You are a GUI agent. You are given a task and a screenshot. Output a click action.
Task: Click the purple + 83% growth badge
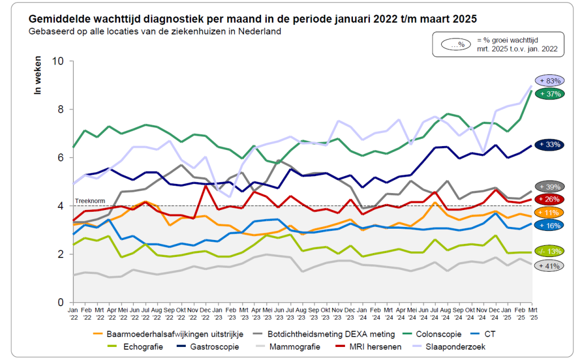point(548,81)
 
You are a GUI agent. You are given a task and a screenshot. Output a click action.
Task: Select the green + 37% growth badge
point(548,94)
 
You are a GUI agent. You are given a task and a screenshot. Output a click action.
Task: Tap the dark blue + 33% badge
point(548,144)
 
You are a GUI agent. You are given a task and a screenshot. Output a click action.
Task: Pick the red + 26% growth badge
point(548,199)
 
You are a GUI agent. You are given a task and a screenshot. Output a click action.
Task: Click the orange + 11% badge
point(548,212)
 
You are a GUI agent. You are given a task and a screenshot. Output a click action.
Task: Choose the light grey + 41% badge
point(548,265)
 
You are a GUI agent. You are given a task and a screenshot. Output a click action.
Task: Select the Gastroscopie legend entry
point(214,346)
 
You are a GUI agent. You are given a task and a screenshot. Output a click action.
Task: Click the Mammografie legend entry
point(295,346)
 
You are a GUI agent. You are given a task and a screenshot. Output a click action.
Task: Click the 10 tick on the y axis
point(58,61)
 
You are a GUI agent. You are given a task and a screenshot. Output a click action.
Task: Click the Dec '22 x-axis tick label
point(205,314)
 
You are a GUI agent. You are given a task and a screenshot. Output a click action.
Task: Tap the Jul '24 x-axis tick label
point(436,314)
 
